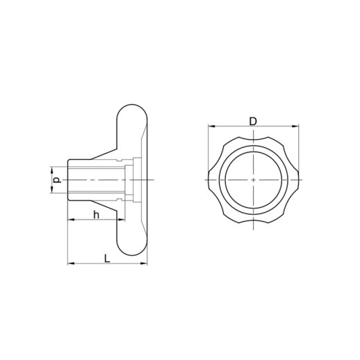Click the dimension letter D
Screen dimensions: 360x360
pos(253,122)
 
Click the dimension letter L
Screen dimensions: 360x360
pos(107,259)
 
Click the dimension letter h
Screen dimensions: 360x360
pos(96,215)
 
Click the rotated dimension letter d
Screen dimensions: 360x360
pos(57,180)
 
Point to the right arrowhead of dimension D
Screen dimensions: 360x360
pos(295,126)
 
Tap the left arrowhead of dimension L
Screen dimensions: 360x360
pos(71,263)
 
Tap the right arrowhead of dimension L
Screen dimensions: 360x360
pos(144,263)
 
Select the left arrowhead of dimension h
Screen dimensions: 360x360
pos(71,220)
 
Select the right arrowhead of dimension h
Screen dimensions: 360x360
pos(122,220)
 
